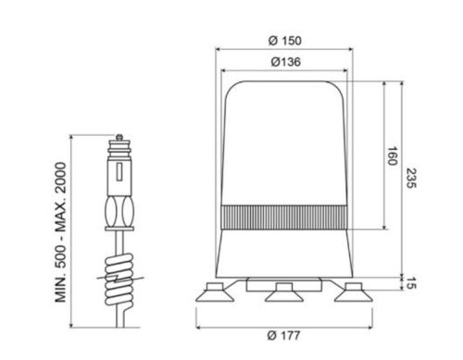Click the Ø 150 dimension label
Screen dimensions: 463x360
[x=284, y=41]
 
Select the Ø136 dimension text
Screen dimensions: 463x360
[x=285, y=62]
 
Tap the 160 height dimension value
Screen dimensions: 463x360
[x=392, y=156]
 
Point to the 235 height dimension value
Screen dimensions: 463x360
[x=411, y=178]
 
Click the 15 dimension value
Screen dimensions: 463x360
[x=411, y=283]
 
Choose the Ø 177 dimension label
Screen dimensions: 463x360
[x=283, y=335]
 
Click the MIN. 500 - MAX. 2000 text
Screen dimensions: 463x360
[x=61, y=232]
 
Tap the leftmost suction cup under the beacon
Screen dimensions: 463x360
[x=215, y=292]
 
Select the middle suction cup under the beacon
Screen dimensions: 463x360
[x=284, y=292]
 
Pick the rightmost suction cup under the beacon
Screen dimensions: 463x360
[x=354, y=292]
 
